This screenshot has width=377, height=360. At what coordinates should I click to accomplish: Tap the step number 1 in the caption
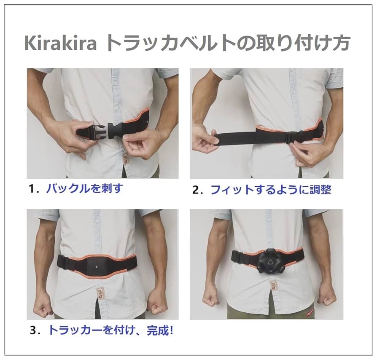(32, 188)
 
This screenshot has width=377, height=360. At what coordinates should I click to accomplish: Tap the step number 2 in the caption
(195, 190)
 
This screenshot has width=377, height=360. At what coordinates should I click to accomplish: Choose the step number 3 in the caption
(32, 330)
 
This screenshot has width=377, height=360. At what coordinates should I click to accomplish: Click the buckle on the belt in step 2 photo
(294, 136)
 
